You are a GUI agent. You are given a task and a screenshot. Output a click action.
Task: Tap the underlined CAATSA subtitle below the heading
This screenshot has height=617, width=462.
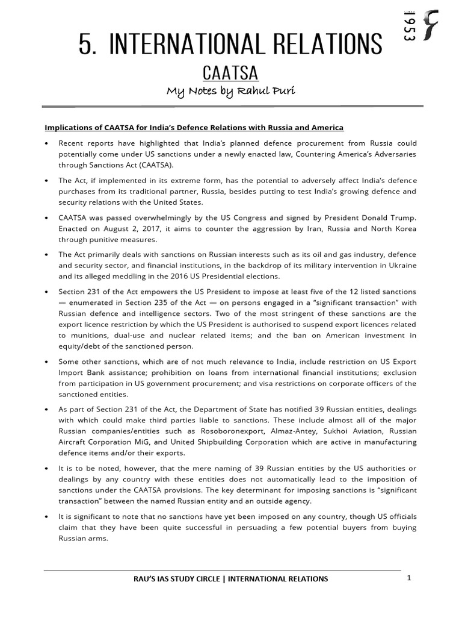pos(230,74)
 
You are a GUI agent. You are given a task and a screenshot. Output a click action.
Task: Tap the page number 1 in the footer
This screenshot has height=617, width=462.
pos(408,578)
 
